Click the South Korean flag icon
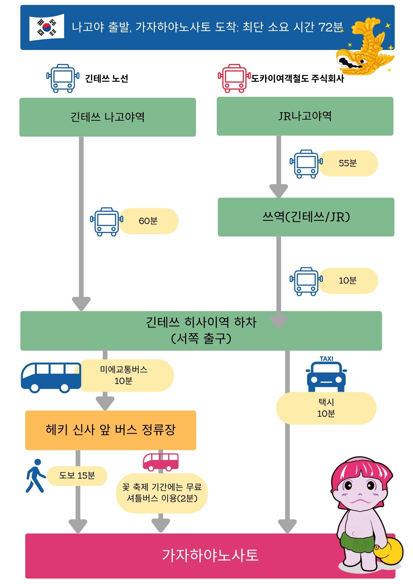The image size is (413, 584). click(x=47, y=27)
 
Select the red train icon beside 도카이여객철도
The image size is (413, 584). click(x=234, y=78)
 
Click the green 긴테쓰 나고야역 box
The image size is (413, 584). click(x=107, y=117)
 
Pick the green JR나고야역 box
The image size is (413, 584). click(x=305, y=116)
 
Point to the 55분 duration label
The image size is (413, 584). click(x=348, y=163)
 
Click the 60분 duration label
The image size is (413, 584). click(x=148, y=221)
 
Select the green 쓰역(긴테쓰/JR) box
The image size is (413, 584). click(x=306, y=217)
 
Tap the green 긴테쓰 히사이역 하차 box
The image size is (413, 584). click(x=201, y=331)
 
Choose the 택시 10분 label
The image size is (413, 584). click(x=326, y=408)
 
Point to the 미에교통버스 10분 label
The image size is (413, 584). click(x=124, y=375)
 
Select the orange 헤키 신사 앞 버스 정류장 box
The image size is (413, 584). click(x=110, y=430)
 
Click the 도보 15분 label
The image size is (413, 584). click(x=77, y=476)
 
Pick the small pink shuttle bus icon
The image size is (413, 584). click(x=161, y=462)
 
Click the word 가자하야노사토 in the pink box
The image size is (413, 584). click(x=210, y=555)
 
